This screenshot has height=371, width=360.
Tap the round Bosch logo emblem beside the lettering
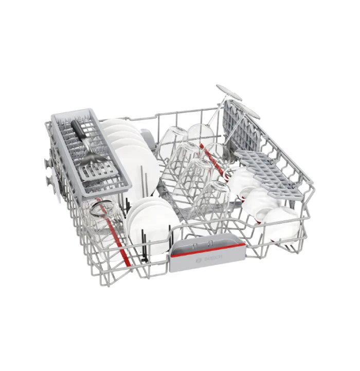(199, 261)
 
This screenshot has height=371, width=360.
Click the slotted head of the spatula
(97, 168)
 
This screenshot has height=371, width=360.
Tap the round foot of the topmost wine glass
(229, 92)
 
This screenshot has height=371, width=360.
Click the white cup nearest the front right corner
(280, 225)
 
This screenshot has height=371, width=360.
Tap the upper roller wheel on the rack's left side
(48, 162)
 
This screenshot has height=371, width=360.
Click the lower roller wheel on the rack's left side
(48, 180)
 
